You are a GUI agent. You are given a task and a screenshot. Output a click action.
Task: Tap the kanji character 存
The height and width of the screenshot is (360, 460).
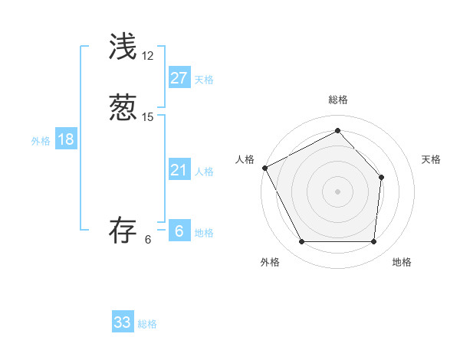(x=123, y=231)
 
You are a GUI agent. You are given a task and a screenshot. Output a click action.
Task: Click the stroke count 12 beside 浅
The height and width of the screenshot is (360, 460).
(x=148, y=57)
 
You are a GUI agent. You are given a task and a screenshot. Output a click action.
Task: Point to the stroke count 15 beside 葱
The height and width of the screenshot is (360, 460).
(x=148, y=116)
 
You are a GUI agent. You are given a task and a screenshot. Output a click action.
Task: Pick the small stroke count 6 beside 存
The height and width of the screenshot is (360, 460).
(x=148, y=240)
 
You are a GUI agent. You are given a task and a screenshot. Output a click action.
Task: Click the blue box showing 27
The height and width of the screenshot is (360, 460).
(x=179, y=78)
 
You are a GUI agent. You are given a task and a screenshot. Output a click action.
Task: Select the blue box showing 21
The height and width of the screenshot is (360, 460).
(x=179, y=170)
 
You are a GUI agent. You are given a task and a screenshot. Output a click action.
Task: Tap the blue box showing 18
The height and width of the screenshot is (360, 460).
(x=66, y=139)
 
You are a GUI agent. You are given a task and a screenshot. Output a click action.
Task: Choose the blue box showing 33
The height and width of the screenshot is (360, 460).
(x=123, y=322)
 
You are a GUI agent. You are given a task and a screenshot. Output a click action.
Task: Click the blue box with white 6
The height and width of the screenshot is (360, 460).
(x=179, y=231)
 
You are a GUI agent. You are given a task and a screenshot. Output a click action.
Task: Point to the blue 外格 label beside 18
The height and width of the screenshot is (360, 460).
(x=41, y=141)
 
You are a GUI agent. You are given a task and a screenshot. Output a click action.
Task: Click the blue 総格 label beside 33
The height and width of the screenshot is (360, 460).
(x=147, y=324)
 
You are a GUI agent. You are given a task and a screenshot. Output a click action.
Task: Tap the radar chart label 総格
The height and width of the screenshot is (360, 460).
(x=338, y=100)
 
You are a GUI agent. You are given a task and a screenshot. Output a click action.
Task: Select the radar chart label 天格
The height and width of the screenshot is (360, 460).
(x=432, y=159)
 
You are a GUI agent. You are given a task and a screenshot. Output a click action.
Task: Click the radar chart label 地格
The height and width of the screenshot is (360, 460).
(x=402, y=262)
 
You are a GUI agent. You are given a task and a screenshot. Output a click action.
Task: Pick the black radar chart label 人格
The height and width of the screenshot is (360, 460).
(x=245, y=159)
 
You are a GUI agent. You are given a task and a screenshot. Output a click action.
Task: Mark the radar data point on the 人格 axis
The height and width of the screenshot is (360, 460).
(x=264, y=168)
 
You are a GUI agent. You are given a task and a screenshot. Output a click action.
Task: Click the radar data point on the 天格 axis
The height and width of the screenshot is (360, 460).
(x=382, y=178)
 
